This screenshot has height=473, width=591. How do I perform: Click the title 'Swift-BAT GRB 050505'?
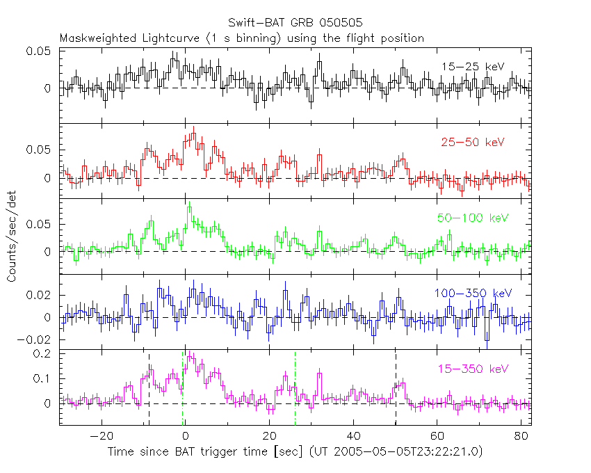coord(295,25)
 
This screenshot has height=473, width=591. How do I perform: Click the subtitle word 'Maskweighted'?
coord(95,38)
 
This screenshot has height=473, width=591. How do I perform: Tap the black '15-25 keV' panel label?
coord(472,66)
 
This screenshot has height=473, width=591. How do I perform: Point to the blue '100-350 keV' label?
coord(467,294)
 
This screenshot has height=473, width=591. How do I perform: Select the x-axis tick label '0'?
coord(185,437)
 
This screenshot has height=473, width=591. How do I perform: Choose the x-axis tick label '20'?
coord(269,437)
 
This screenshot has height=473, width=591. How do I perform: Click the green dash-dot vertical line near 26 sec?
coord(295,390)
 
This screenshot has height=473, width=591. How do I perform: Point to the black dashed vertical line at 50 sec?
coord(396,390)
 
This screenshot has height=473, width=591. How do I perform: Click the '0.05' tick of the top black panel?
coord(40,51)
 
